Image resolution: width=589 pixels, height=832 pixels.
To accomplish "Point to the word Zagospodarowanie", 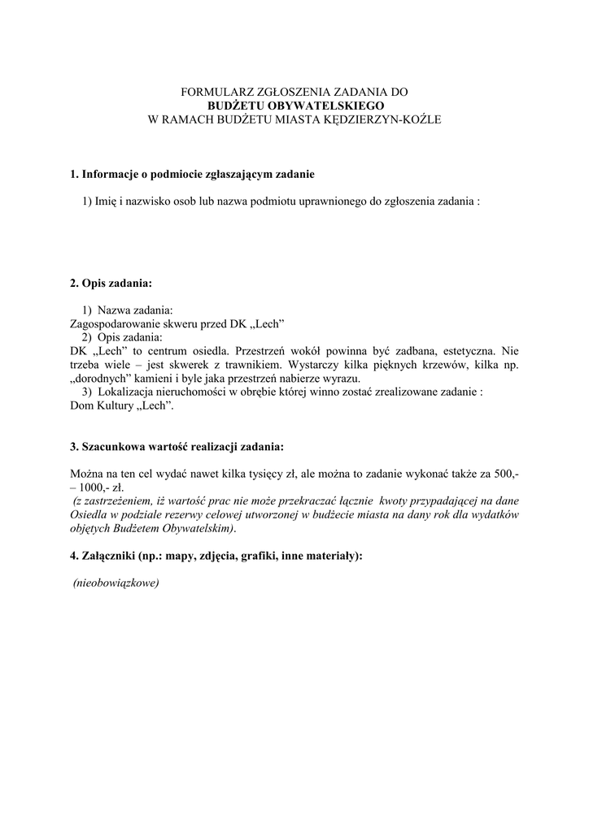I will pyautogui.click(x=120, y=323).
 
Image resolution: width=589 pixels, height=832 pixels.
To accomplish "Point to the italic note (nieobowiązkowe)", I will pyautogui.click(x=116, y=583).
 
